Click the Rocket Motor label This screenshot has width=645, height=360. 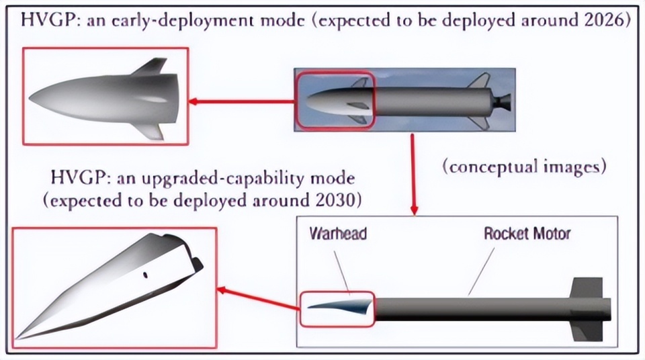(527, 234)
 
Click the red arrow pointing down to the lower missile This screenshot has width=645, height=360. (412, 175)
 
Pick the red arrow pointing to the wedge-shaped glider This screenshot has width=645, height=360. (259, 299)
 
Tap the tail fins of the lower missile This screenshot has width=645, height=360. (583, 308)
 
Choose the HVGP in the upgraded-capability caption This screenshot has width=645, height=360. (74, 180)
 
